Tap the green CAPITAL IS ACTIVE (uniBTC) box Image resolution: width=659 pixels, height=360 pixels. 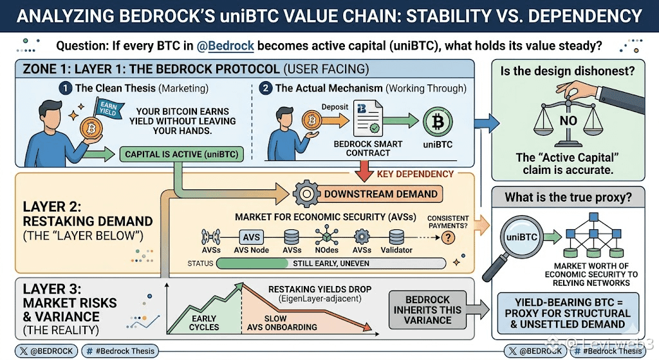point(181,155)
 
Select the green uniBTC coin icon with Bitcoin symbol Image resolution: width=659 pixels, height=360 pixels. point(438,122)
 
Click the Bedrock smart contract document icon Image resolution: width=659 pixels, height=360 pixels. point(367,118)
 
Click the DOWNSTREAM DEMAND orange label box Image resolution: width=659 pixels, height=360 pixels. point(380,194)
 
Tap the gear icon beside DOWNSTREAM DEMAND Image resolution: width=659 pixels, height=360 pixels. point(306,194)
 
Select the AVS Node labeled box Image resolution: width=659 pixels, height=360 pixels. point(252,237)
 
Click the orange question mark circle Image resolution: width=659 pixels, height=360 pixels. point(448,238)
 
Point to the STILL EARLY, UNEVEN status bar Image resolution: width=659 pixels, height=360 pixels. point(331,263)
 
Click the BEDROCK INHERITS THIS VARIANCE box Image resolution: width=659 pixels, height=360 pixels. point(427,310)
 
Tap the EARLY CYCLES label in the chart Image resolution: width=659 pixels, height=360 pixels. point(204,323)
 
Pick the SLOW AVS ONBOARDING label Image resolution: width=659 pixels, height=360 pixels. point(282,323)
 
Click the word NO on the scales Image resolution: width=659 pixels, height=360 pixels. point(568,121)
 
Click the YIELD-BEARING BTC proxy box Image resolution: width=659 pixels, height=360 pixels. point(568,314)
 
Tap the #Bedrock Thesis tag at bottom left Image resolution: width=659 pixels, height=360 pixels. point(120,351)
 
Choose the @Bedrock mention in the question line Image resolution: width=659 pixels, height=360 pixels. point(225,46)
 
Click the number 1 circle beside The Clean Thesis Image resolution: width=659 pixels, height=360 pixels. point(65,88)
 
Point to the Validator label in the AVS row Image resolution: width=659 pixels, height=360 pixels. point(396,250)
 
